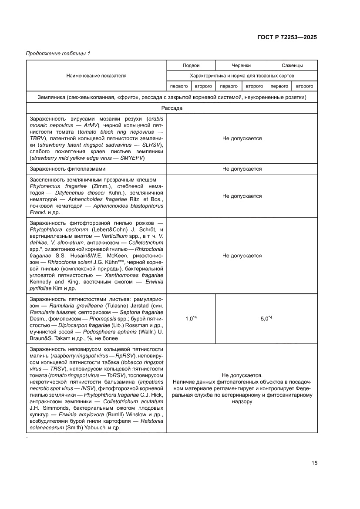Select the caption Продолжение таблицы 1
(x=58, y=54)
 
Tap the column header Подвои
(x=191, y=65)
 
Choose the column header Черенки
(x=241, y=65)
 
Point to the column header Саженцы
(x=292, y=65)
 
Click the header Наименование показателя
(x=96, y=75)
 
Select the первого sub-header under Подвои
(x=178, y=86)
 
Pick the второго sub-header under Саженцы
(x=305, y=86)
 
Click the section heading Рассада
(x=172, y=108)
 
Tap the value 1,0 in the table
(x=190, y=319)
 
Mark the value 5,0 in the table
(x=266, y=319)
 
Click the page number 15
(x=314, y=463)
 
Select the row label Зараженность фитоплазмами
(x=67, y=169)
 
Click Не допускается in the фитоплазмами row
(x=242, y=169)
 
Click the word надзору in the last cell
(x=242, y=402)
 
